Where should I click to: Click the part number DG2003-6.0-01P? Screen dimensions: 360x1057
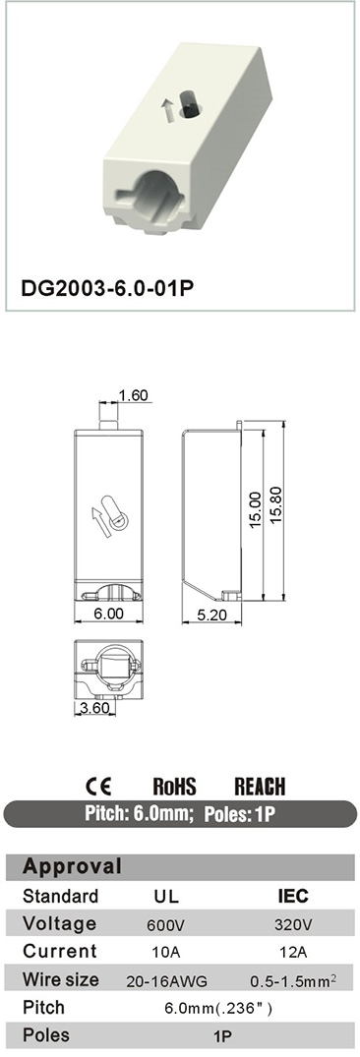click(108, 287)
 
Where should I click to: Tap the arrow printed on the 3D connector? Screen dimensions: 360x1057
click(167, 109)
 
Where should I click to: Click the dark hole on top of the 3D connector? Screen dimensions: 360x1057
click(192, 104)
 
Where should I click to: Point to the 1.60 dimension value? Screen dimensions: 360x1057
click(133, 395)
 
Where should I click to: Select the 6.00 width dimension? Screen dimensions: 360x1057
click(108, 614)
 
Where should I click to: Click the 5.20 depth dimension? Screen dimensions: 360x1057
click(212, 614)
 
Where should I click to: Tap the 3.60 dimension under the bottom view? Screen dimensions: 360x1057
click(95, 708)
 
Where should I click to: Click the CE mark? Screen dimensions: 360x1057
click(98, 786)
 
